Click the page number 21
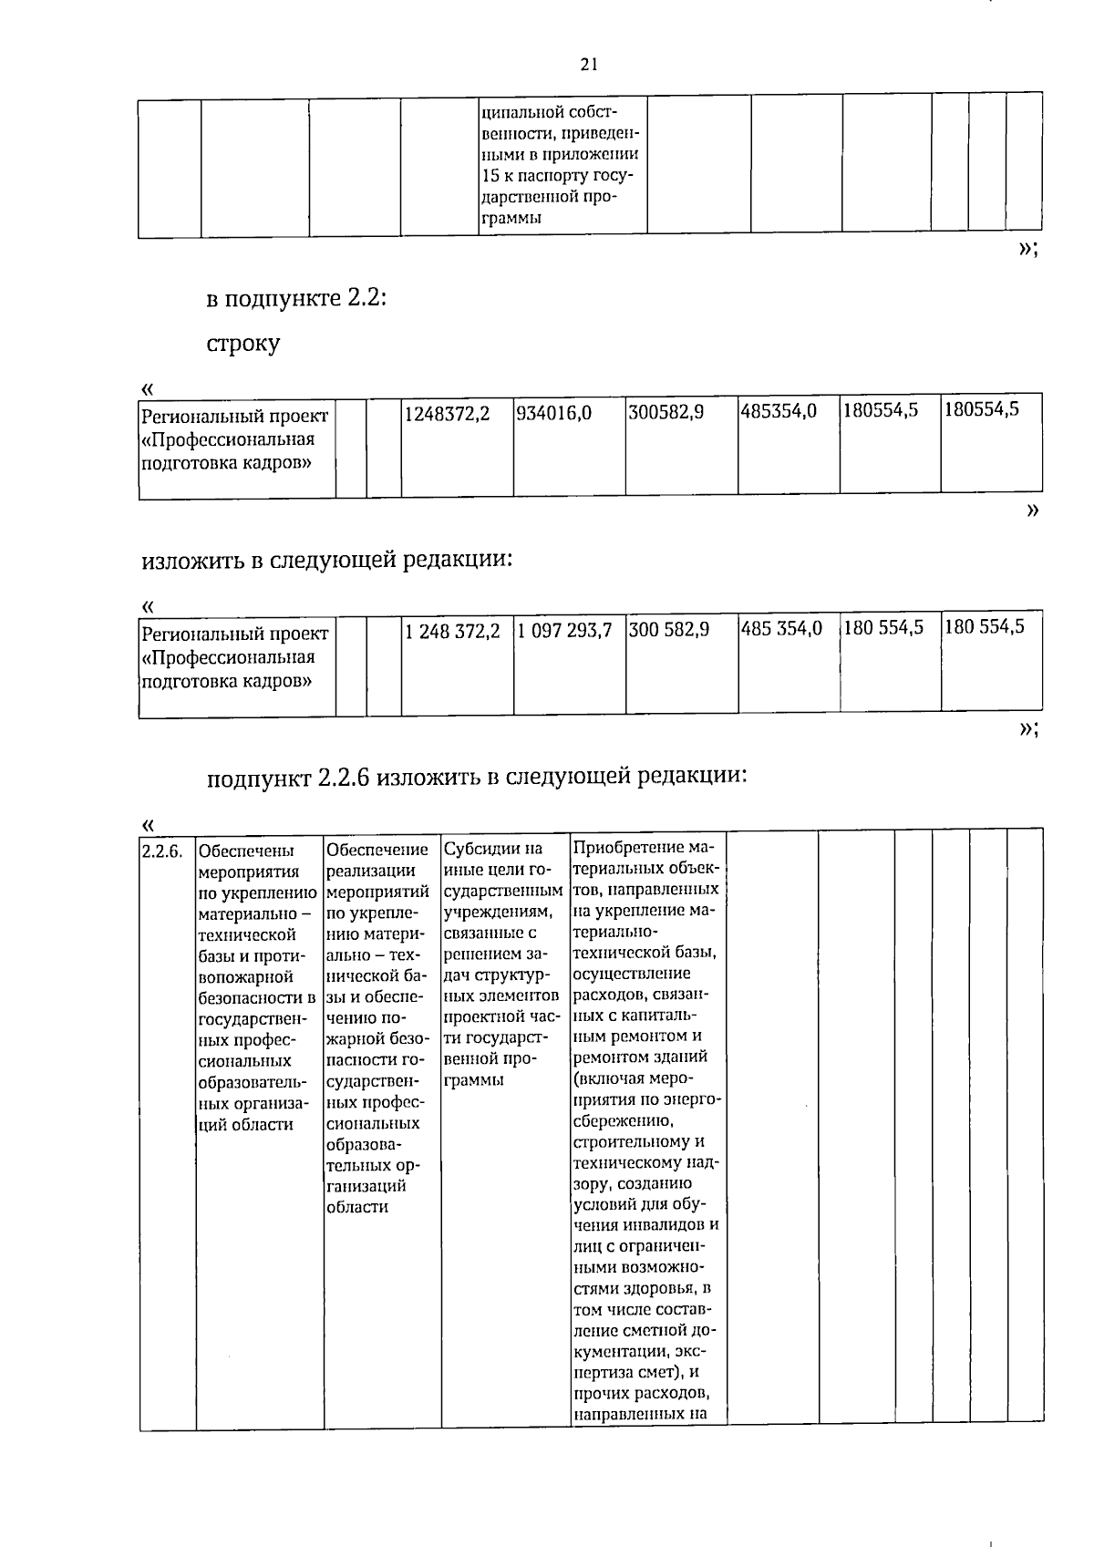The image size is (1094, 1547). click(x=588, y=64)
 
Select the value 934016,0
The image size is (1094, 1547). click(x=553, y=414)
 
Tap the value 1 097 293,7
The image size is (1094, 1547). click(x=563, y=630)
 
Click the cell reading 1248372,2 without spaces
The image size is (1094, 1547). click(x=447, y=414)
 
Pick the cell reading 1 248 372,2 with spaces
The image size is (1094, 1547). click(x=452, y=630)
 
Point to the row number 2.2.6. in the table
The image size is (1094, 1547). click(x=162, y=851)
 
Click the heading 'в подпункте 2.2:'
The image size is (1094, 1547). click(x=296, y=298)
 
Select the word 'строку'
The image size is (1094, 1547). click(x=243, y=344)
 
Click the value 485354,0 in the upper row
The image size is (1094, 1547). click(x=778, y=412)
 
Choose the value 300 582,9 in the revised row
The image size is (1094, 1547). click(x=668, y=629)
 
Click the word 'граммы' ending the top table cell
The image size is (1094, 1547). click(x=511, y=218)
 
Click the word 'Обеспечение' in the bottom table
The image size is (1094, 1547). click(x=377, y=850)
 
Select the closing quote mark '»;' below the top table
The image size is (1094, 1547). click(x=1027, y=250)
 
